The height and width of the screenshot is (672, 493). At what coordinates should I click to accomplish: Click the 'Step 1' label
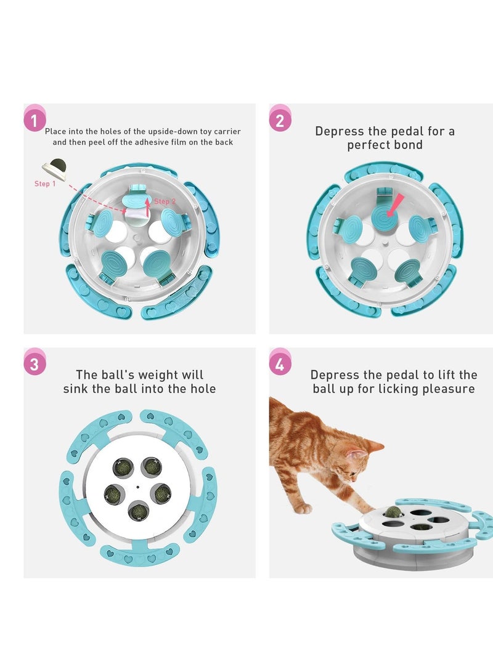[x=45, y=184]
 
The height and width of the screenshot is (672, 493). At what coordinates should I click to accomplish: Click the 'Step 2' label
[x=165, y=201]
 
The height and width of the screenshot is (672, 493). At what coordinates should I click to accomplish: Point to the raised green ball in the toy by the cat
[x=392, y=511]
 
